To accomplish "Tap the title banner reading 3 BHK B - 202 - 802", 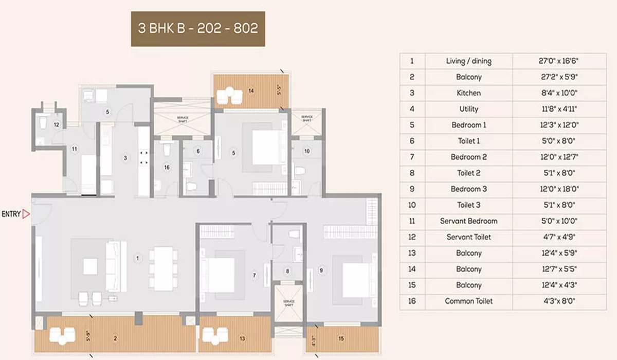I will [198, 29].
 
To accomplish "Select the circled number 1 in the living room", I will [137, 259].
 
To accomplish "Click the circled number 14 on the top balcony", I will [251, 91].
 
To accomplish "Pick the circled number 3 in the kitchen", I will [125, 158].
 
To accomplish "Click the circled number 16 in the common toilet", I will [167, 168].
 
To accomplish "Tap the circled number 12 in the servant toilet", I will [57, 124].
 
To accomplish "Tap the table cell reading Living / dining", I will [468, 61].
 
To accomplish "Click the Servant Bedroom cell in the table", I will [468, 221].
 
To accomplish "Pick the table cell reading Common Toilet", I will [468, 301].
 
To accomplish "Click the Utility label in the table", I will [468, 109].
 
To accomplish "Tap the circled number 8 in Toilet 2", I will [288, 271].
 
